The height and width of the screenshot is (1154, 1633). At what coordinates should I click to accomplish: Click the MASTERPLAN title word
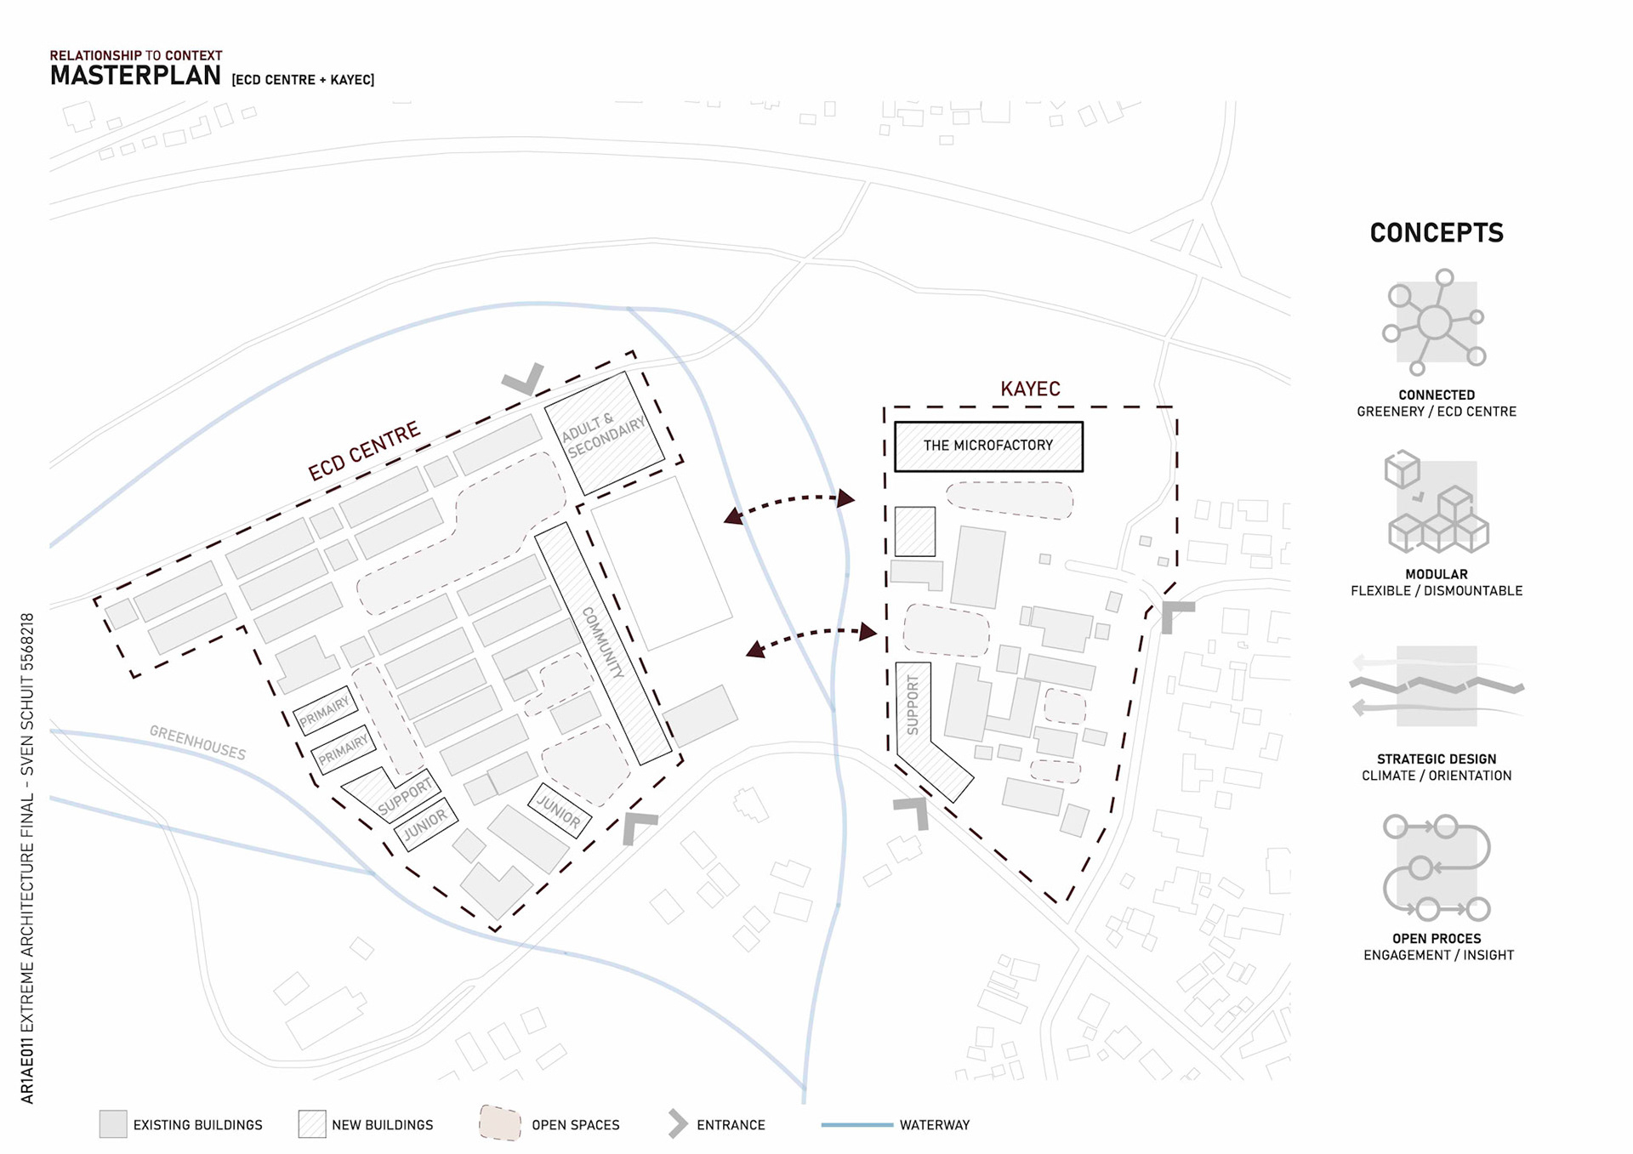coord(135,76)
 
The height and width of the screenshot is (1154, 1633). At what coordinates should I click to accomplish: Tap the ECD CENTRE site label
coord(364,452)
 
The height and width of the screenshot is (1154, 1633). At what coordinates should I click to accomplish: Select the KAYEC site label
coord(1030,389)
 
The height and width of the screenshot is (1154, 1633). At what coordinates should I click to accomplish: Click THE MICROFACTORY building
coord(988,446)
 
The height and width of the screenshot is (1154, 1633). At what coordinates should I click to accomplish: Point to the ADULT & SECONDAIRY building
coord(604,434)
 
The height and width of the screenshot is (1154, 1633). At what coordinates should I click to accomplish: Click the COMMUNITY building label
coord(603,642)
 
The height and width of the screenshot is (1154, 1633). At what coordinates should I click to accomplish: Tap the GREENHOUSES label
coord(197,742)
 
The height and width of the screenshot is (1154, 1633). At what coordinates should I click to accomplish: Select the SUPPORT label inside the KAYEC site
coord(913,705)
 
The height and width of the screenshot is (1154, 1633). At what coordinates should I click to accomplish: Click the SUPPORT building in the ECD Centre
coord(405,796)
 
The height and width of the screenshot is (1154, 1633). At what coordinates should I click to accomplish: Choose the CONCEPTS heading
coord(1437,233)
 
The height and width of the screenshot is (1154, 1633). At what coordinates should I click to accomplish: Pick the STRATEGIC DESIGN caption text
coord(1437,759)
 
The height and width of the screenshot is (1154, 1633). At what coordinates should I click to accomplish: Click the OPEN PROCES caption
coord(1437,939)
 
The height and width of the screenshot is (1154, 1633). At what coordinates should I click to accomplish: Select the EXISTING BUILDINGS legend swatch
coord(113,1124)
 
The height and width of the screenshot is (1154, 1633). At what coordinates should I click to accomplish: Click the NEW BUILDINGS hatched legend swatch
coord(312,1124)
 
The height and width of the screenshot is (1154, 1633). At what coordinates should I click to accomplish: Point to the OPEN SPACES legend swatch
coord(500,1123)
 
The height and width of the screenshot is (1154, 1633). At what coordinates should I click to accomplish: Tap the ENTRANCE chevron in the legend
coord(678,1124)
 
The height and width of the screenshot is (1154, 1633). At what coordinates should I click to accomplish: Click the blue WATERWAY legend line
coord(856,1125)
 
